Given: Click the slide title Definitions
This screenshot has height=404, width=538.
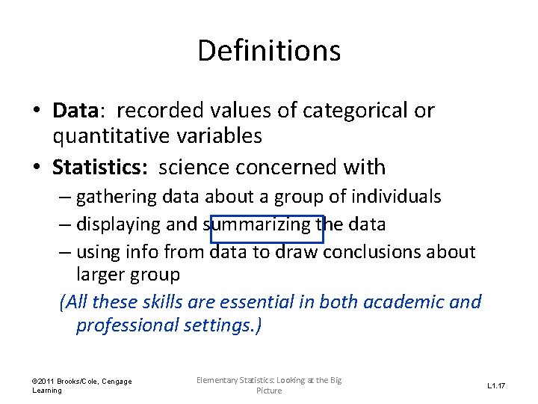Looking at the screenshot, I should click(269, 51).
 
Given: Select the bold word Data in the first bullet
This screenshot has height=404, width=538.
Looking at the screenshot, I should click(75, 111).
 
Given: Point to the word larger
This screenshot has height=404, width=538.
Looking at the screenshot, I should click(100, 275).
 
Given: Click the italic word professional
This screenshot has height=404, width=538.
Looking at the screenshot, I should click(127, 325).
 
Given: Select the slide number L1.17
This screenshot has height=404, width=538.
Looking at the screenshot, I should click(496, 386).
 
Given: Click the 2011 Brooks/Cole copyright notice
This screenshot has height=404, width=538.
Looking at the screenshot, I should click(81, 385).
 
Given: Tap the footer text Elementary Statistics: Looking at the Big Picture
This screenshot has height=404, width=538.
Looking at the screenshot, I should click(269, 385).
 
